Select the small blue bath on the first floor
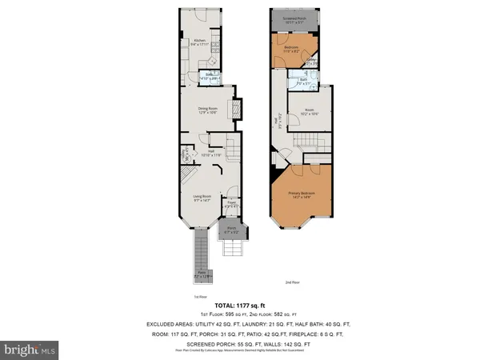(x=210, y=78)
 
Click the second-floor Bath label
(x=305, y=80)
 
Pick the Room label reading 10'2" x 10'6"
(x=310, y=112)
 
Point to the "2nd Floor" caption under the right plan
(x=292, y=282)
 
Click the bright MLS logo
(x=30, y=350)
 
